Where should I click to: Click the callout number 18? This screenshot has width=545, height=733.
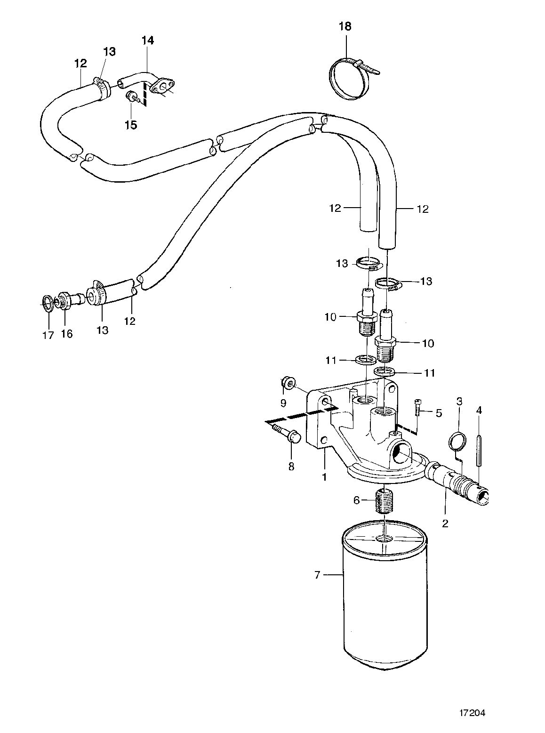(345, 26)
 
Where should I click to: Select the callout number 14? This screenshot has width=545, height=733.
(148, 40)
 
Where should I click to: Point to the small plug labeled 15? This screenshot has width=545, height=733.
(131, 97)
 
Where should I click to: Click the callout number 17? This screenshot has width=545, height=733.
(48, 336)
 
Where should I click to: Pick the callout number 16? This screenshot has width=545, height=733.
(67, 334)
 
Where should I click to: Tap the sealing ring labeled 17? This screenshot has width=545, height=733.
(48, 301)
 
